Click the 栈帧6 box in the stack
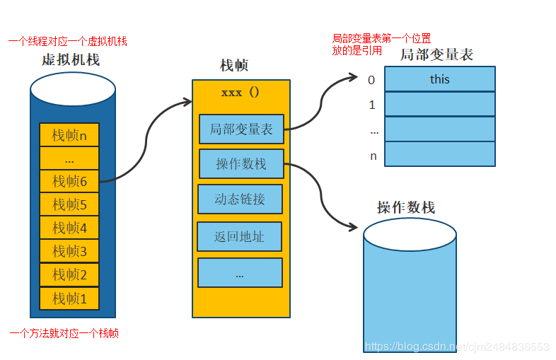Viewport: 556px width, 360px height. coord(69,182)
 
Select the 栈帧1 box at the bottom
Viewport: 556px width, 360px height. coord(69,298)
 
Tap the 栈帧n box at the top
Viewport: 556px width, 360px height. coord(69,135)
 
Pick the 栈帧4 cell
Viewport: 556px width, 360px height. coord(69,228)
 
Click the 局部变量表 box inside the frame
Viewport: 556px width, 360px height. coord(241,129)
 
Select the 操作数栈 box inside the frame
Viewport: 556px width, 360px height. coord(241,164)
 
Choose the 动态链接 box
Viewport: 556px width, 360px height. coord(240,199)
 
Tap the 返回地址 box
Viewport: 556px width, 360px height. coord(240,237)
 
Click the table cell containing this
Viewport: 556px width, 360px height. coord(439,79)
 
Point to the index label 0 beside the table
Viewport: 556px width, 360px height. coord(371,80)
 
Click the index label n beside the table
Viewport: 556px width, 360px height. coord(372,156)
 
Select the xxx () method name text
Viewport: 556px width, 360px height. coord(241,93)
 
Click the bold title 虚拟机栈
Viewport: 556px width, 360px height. coord(71,59)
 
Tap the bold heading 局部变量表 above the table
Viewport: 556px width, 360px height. coord(436,54)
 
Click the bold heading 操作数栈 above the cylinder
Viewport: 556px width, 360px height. coord(406,207)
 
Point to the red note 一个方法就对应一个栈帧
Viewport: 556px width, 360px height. coord(64,332)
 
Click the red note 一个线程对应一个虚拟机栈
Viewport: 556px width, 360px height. coord(67,42)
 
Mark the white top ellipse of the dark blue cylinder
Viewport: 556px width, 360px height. coord(73,90)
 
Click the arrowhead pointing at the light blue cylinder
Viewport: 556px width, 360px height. coord(352,226)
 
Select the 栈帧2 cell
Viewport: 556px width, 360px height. coord(69,275)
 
